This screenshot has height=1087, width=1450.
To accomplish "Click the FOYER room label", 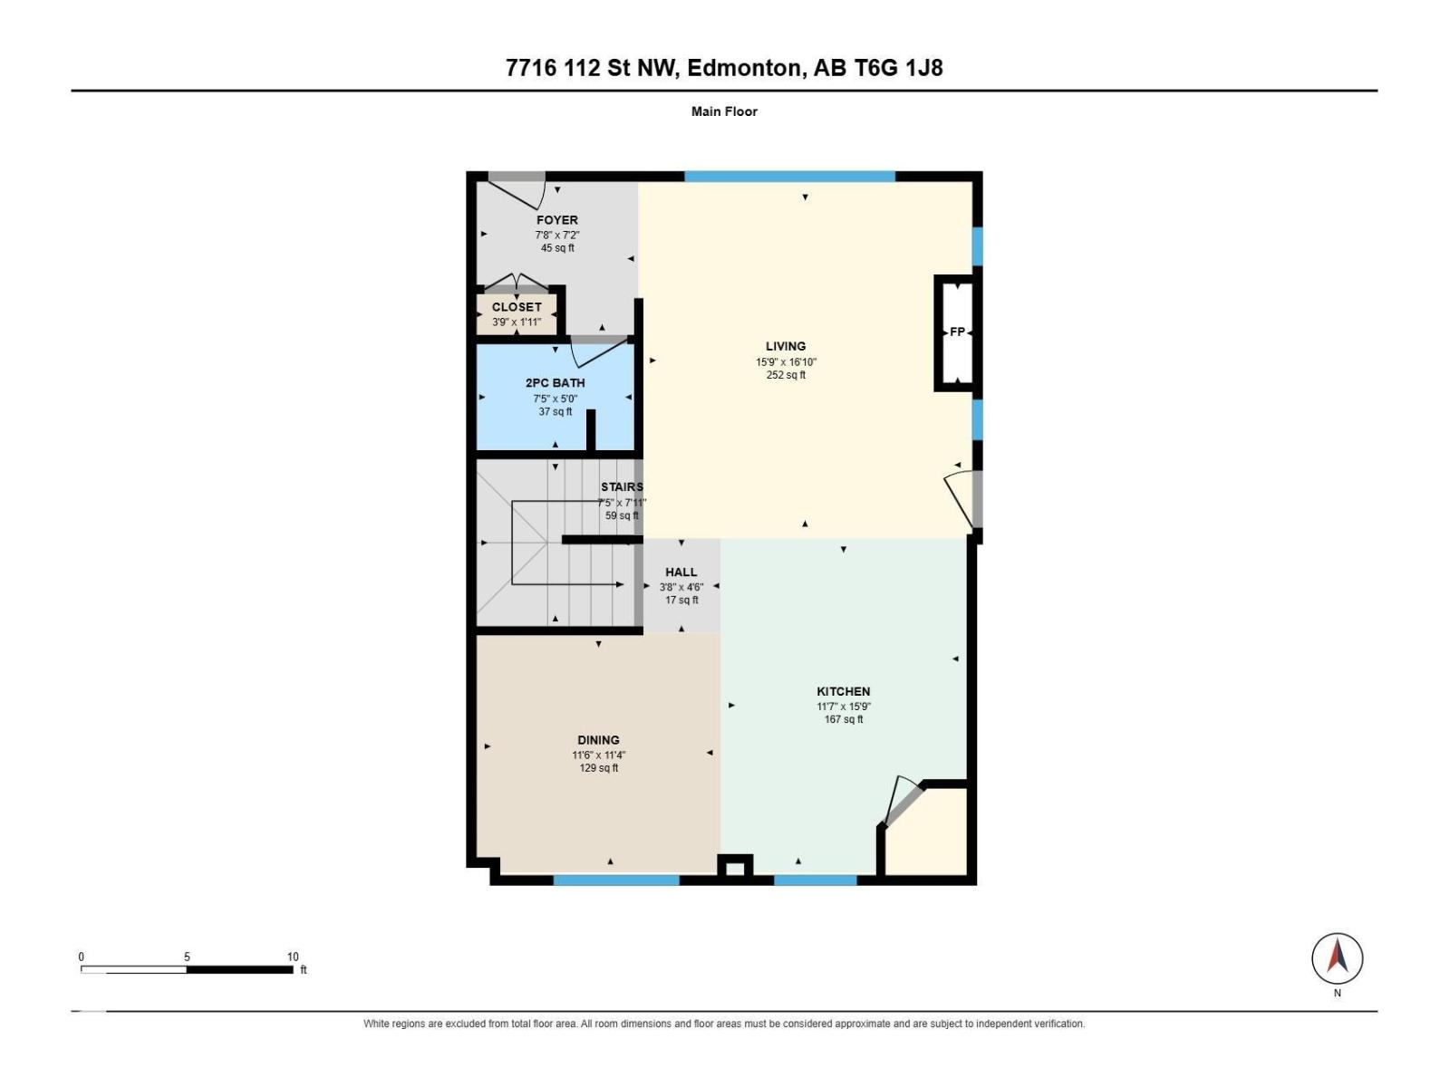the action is tap(556, 220).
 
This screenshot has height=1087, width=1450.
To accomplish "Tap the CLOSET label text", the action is tap(517, 307).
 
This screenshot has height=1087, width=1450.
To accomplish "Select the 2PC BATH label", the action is tap(555, 383).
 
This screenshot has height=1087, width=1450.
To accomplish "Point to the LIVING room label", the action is tap(786, 346).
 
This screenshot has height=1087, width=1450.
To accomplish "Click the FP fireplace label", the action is tap(957, 332).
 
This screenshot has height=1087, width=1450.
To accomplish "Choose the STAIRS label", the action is tap(622, 486).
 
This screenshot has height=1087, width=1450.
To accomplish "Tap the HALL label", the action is tap(681, 572).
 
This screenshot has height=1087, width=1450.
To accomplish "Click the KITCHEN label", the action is tap(844, 691).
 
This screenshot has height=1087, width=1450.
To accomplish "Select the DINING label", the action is tap(598, 740).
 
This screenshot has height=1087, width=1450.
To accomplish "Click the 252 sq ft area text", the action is tap(786, 375).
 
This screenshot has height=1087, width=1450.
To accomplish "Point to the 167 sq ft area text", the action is tap(844, 719).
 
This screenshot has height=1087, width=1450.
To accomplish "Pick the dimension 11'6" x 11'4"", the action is tap(598, 755).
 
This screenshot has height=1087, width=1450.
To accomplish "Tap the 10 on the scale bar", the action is tap(293, 957).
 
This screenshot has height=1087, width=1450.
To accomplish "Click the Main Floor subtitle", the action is tap(724, 111).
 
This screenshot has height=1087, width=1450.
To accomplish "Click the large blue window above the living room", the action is tap(789, 177).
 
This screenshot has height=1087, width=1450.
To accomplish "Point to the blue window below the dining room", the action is tap(615, 880).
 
